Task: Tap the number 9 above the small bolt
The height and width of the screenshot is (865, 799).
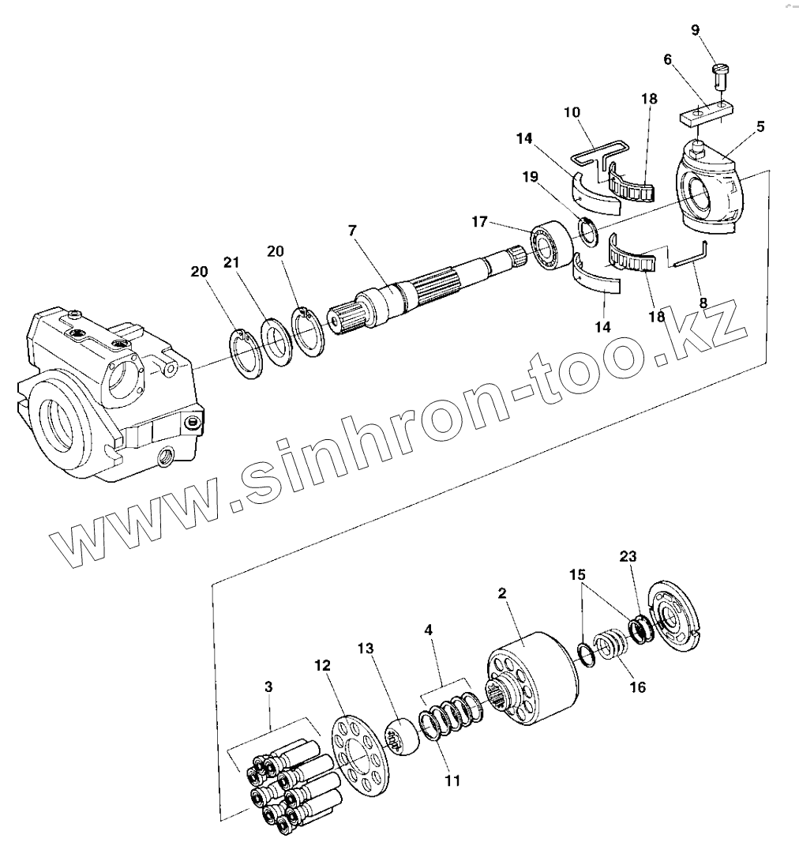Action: [695, 31]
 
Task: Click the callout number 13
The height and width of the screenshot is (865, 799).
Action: [364, 648]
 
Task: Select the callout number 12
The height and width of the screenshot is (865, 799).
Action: [322, 668]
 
